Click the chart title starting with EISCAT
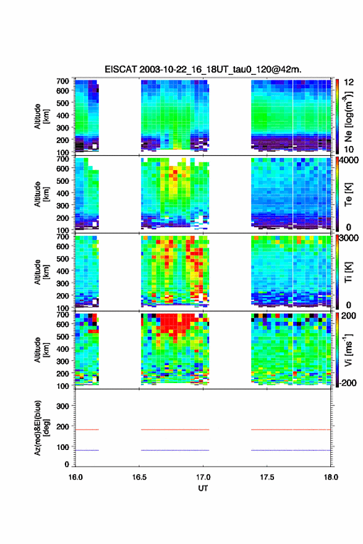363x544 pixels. [203, 69]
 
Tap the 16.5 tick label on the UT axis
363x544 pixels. [139, 477]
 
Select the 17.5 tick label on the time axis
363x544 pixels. [267, 477]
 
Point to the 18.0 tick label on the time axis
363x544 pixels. [331, 477]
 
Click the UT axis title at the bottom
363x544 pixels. [203, 488]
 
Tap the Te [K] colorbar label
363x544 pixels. [348, 194]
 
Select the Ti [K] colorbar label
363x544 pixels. [348, 272]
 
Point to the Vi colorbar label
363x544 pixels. [348, 350]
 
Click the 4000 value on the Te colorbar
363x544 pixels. [349, 161]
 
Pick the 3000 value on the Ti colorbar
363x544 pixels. [349, 238]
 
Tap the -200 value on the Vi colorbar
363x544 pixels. [347, 382]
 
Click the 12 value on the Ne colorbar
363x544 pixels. [349, 82]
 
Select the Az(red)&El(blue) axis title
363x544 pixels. [41, 428]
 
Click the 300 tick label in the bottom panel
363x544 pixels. [62, 406]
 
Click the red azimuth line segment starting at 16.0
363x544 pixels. [87, 430]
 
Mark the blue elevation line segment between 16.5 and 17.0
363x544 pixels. [175, 450]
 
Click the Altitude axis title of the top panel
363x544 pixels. [41, 116]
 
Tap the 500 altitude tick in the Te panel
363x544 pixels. [62, 181]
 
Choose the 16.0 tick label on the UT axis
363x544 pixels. [75, 477]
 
